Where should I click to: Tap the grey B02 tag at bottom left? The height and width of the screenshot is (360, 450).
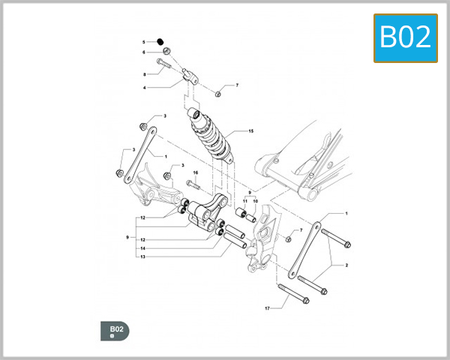pyautogui.click(x=115, y=331)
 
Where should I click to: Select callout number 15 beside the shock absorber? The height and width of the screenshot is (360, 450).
pyautogui.click(x=251, y=131)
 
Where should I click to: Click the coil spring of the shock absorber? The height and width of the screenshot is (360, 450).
pyautogui.click(x=211, y=139)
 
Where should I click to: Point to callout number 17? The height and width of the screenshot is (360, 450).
pyautogui.click(x=267, y=307)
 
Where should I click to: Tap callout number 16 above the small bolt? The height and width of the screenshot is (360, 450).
pyautogui.click(x=195, y=173)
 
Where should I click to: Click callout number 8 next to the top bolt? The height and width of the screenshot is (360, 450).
pyautogui.click(x=145, y=74)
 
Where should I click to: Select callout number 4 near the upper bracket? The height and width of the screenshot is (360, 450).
pyautogui.click(x=145, y=88)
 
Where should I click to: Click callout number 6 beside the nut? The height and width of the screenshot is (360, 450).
pyautogui.click(x=145, y=52)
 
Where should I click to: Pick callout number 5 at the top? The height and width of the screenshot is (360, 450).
pyautogui.click(x=145, y=41)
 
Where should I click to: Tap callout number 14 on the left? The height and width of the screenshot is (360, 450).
pyautogui.click(x=142, y=247)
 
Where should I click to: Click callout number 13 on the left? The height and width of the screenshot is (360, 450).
pyautogui.click(x=142, y=256)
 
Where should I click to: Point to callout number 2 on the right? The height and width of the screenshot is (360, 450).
pyautogui.click(x=346, y=265)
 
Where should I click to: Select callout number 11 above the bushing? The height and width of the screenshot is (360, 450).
pyautogui.click(x=245, y=202)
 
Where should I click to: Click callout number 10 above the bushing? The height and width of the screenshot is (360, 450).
pyautogui.click(x=255, y=202)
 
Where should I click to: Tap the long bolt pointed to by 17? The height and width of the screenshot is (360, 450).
pyautogui.click(x=292, y=293)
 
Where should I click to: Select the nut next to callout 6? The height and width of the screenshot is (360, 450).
pyautogui.click(x=166, y=52)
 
